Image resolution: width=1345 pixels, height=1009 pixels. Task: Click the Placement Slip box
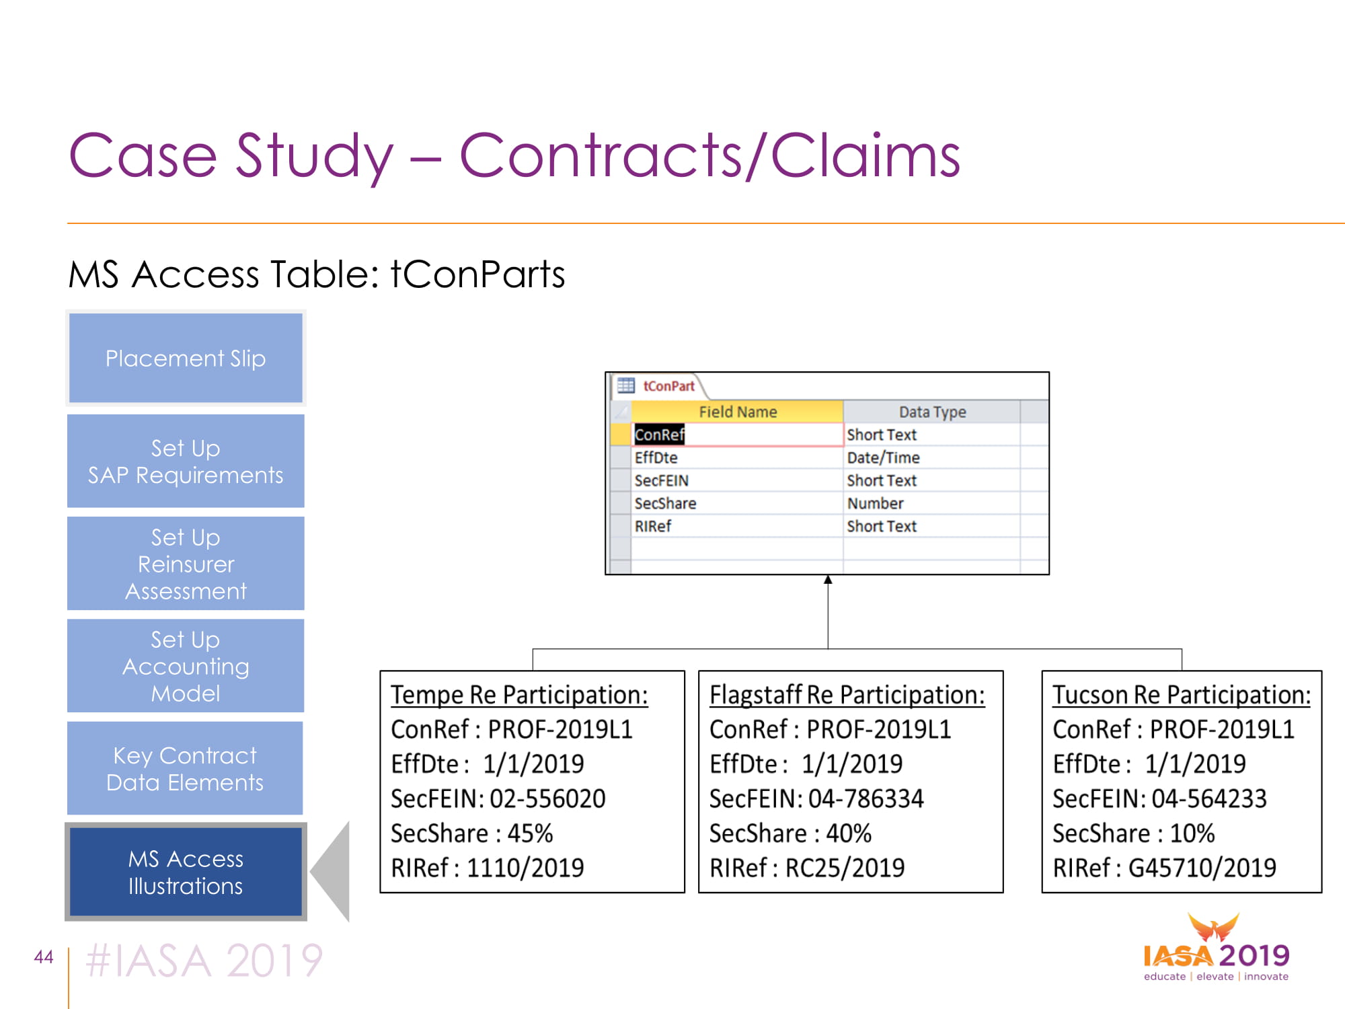pos(186,358)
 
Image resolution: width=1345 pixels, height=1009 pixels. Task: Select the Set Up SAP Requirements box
pos(186,461)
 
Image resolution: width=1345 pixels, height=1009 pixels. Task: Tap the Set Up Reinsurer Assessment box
pos(186,564)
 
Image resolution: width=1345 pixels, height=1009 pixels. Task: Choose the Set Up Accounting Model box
pos(186,666)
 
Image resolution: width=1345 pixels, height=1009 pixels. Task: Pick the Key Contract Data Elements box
pos(186,768)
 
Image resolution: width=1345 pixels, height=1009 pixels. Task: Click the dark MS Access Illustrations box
pos(186,872)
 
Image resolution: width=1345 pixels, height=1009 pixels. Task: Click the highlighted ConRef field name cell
pos(738,435)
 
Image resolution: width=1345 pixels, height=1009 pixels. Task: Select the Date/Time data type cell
pos(931,457)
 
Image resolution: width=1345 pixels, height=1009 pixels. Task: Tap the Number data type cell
pos(931,503)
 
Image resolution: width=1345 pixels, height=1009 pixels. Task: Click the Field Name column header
pos(738,412)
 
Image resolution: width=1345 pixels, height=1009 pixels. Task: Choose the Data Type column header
pos(932,412)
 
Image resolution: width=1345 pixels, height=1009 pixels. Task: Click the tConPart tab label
pos(668,386)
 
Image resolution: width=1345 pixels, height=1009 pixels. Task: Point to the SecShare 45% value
pos(530,833)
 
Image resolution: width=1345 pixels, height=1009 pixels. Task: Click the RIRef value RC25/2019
pos(845,868)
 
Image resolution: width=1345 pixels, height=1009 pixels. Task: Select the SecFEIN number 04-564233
pos(1209,798)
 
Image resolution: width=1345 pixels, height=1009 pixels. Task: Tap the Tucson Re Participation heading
pos(1182,695)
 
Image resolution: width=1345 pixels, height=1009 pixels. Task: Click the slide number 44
pos(44,957)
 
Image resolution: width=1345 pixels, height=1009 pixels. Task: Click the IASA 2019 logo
pos(1216,948)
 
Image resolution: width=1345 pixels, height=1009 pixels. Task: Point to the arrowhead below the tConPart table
pos(828,580)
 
